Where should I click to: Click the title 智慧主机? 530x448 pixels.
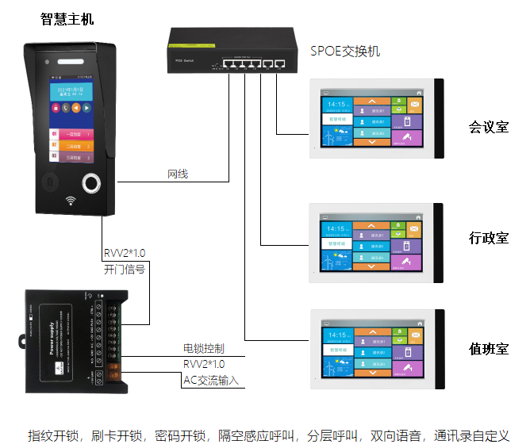click(67, 18)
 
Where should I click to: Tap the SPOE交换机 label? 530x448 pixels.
click(345, 52)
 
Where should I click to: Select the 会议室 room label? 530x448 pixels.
click(488, 127)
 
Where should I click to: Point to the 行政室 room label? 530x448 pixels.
click(488, 238)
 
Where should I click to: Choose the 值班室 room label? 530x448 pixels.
click(488, 349)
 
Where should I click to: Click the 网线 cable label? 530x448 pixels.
click(178, 174)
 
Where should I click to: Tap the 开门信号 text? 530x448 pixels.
click(125, 270)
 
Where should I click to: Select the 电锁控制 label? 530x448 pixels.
click(203, 348)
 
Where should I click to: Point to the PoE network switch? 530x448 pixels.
click(230, 51)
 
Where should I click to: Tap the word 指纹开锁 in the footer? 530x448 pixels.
click(55, 435)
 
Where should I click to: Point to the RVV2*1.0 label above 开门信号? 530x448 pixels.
click(125, 254)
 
